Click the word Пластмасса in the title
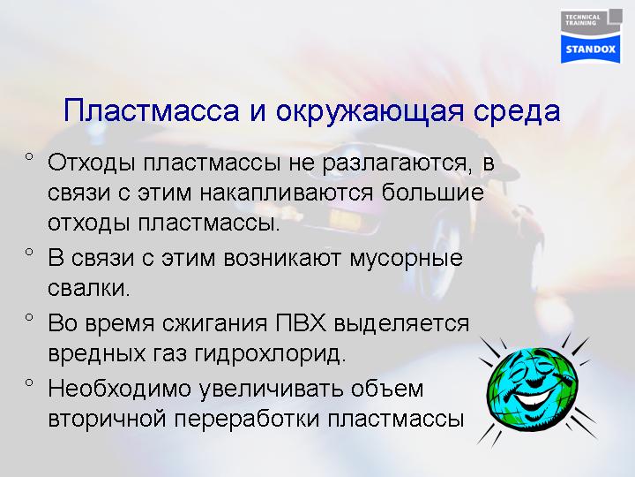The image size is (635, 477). pyautogui.click(x=152, y=110)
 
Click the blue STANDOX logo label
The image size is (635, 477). pyautogui.click(x=590, y=49)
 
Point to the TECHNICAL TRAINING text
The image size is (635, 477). pyautogui.click(x=583, y=19)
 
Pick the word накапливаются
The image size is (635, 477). pyautogui.click(x=287, y=193)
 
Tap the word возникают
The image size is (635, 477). pyautogui.click(x=282, y=258)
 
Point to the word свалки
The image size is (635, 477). pyautogui.click(x=89, y=288)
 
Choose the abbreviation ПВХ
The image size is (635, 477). pyautogui.click(x=301, y=323)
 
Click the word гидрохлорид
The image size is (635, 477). pyautogui.click(x=270, y=354)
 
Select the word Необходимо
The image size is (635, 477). pyautogui.click(x=119, y=388)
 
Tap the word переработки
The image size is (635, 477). pyautogui.click(x=248, y=420)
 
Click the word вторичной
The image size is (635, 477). pyautogui.click(x=107, y=420)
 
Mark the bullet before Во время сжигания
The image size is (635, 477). pyautogui.click(x=29, y=317)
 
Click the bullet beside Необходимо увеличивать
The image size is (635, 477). pyautogui.click(x=29, y=382)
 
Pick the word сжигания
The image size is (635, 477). pyautogui.click(x=215, y=323)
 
